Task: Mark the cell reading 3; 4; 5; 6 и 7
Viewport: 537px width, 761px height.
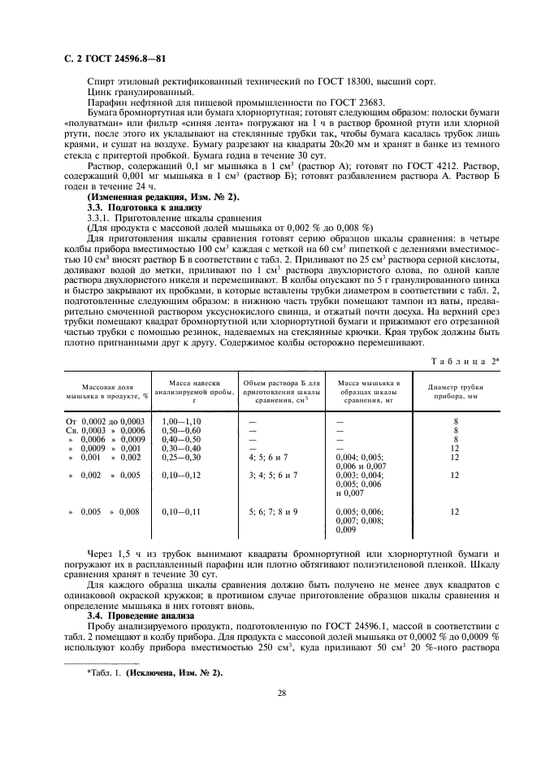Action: (273, 474)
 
